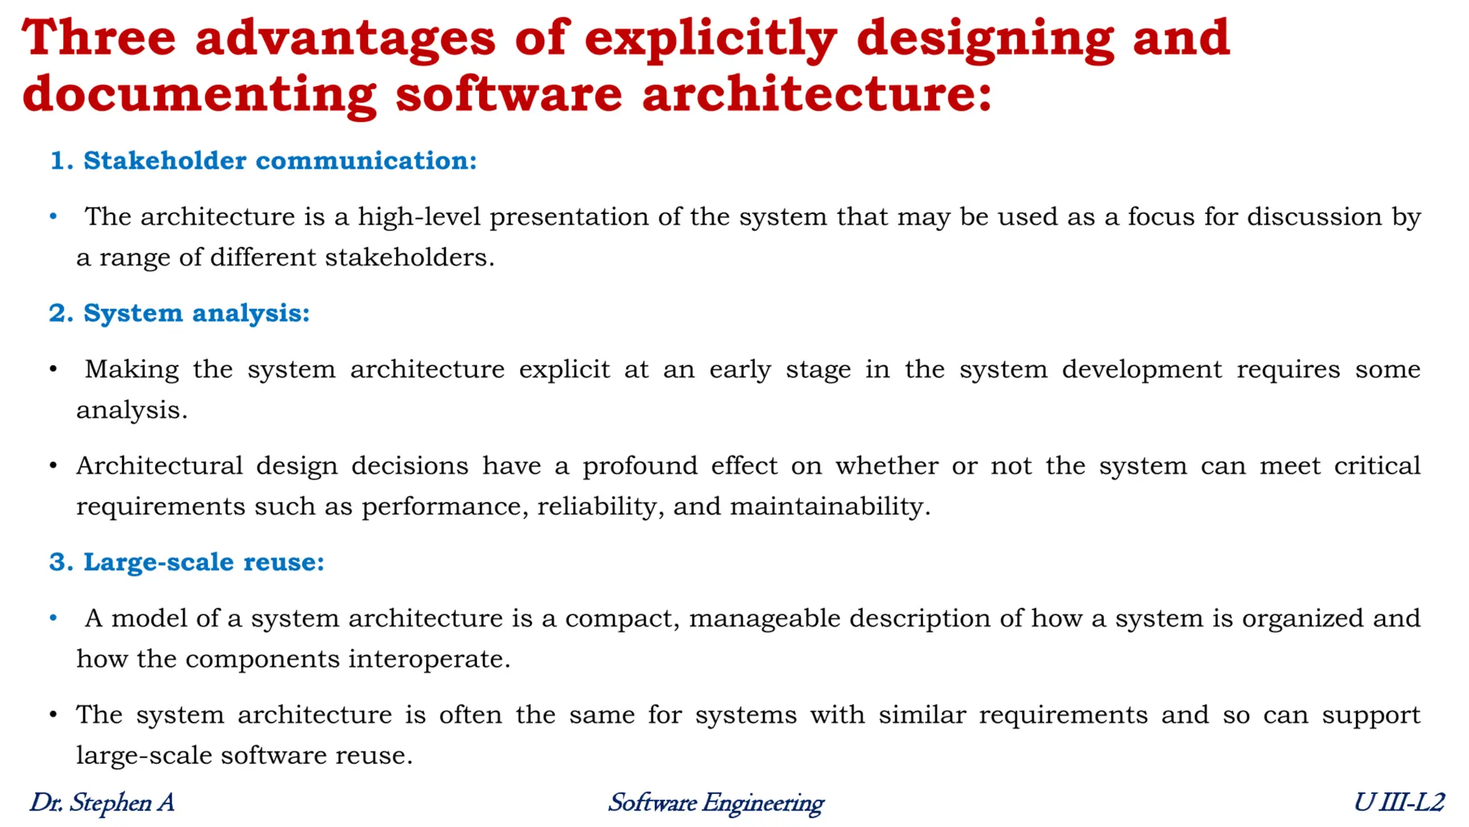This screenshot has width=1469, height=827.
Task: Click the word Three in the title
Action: pos(99,37)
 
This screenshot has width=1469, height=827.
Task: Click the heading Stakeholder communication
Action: pos(280,161)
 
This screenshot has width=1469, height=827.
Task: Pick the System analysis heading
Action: pos(197,314)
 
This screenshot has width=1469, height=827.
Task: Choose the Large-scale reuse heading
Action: pos(204,562)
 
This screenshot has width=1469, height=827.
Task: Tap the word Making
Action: pos(132,370)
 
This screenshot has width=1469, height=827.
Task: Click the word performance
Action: pos(445,507)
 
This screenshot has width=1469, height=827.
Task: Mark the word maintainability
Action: pos(829,507)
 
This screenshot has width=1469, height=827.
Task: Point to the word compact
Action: pos(621,619)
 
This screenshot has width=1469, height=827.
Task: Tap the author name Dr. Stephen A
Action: pos(102,803)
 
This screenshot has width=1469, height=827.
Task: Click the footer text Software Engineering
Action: pos(716,803)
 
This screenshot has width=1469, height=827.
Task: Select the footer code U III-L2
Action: pos(1399,803)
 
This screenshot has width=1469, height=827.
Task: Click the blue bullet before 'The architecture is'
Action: pos(53,216)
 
